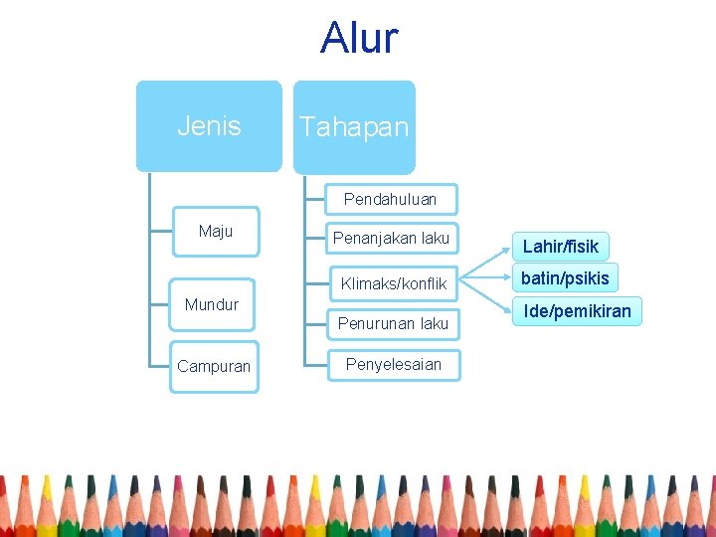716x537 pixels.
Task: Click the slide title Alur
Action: (x=359, y=38)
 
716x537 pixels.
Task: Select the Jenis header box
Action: (x=209, y=126)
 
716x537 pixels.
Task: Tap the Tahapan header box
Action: (x=354, y=127)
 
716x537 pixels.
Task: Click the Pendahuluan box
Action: (x=390, y=199)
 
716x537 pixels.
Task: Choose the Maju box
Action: (x=215, y=232)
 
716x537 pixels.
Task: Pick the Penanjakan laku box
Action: (x=391, y=239)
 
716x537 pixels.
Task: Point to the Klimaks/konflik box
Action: (x=393, y=283)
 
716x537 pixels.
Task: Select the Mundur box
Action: (x=212, y=304)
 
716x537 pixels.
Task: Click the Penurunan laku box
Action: (x=393, y=323)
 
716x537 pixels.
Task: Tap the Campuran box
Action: (x=214, y=366)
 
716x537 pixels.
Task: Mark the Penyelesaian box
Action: (x=393, y=364)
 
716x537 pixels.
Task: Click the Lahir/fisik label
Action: (x=561, y=247)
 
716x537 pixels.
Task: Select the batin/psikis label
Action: (x=565, y=277)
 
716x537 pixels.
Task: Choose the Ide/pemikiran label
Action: (x=577, y=312)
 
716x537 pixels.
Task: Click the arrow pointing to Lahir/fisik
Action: (x=487, y=265)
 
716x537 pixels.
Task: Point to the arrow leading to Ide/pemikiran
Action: (x=487, y=296)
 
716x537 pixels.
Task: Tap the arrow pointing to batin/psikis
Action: (x=487, y=279)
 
